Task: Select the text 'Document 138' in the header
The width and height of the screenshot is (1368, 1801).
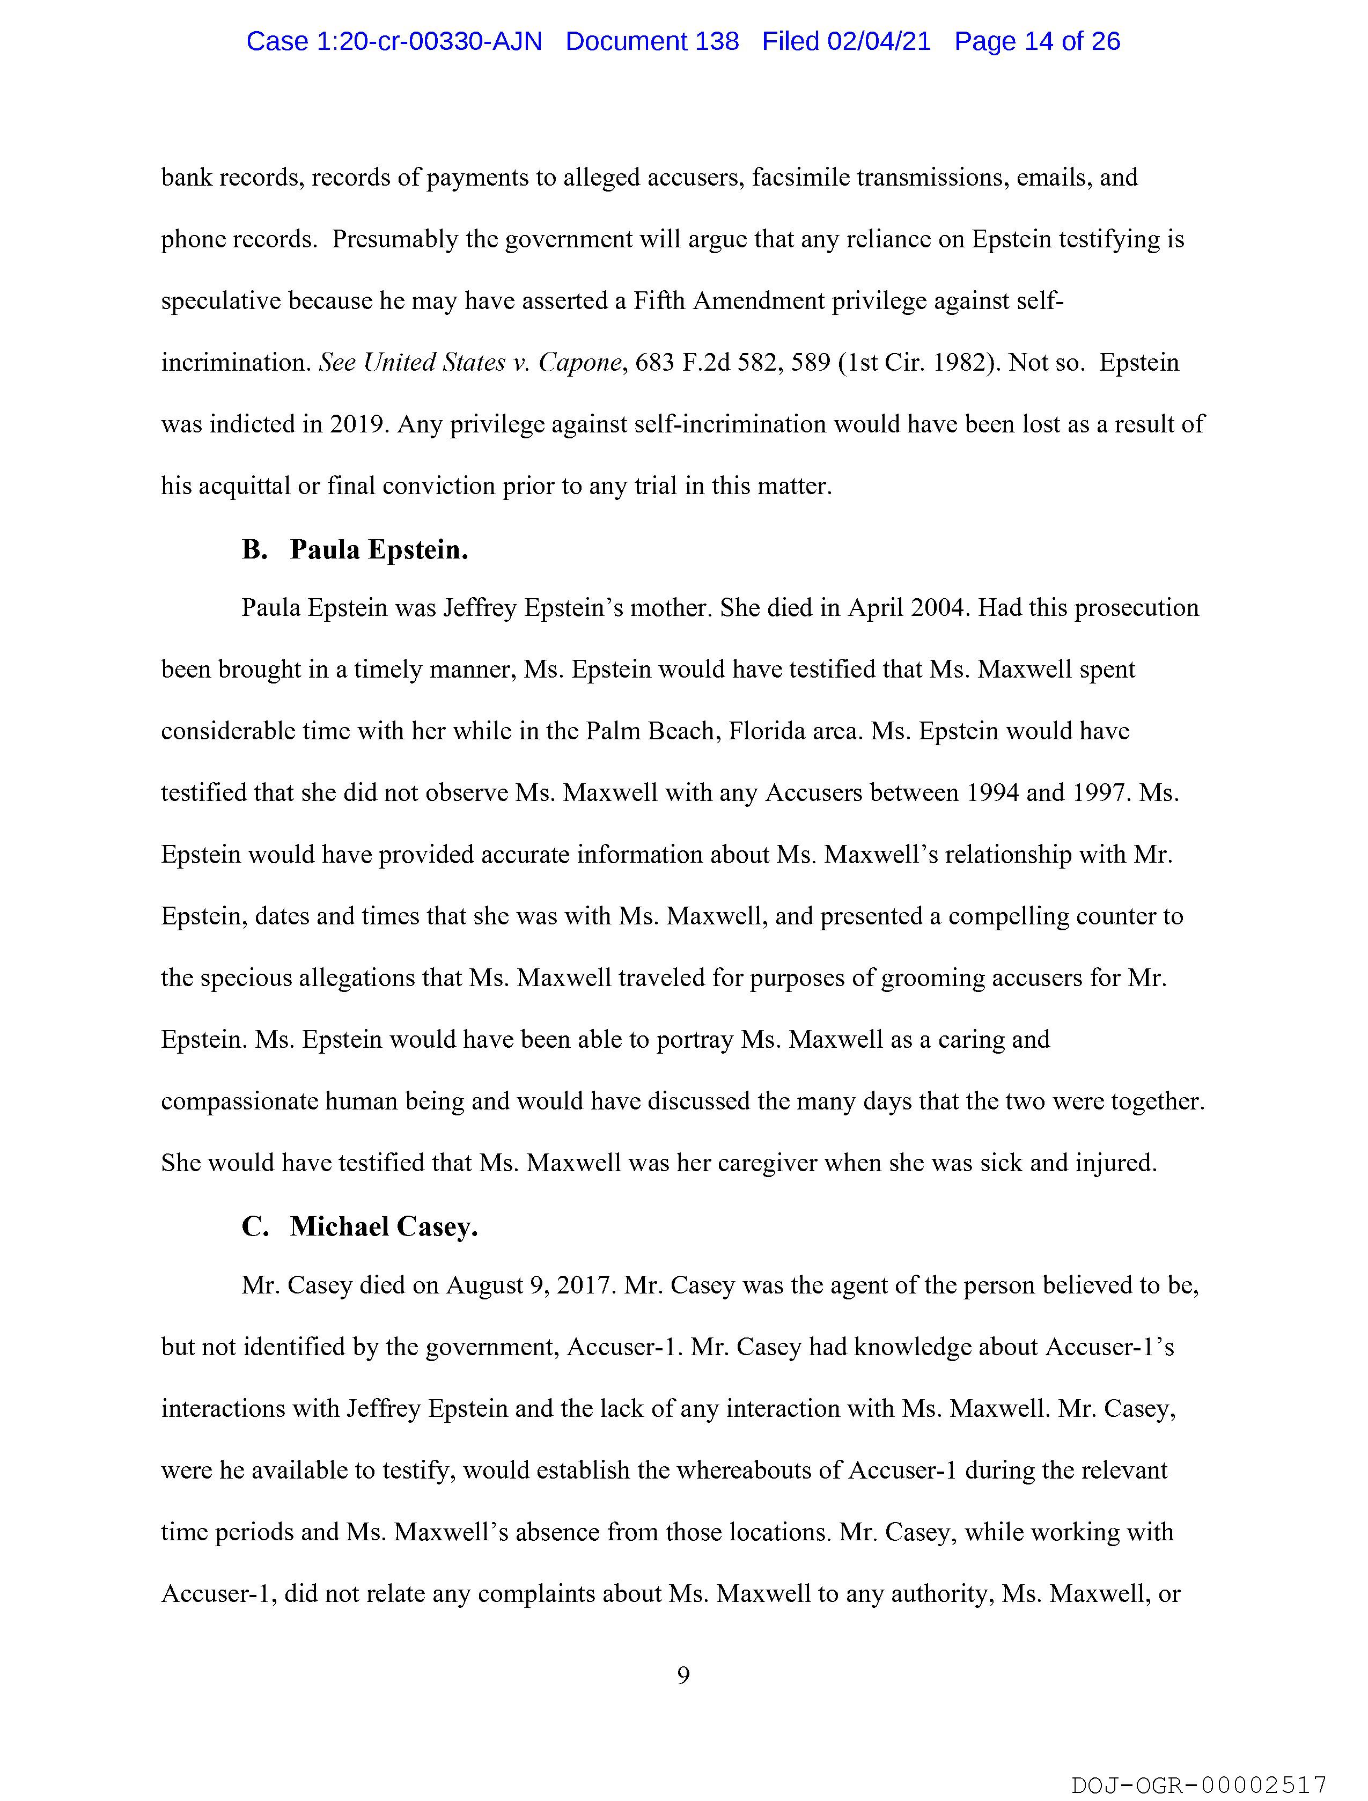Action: click(652, 41)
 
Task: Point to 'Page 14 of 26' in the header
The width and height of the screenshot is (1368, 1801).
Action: click(1038, 41)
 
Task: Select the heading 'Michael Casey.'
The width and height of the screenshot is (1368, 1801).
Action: click(384, 1226)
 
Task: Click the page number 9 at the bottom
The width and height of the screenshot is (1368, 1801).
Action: click(683, 1675)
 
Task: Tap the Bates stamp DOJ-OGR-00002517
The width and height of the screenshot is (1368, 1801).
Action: click(1198, 1785)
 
